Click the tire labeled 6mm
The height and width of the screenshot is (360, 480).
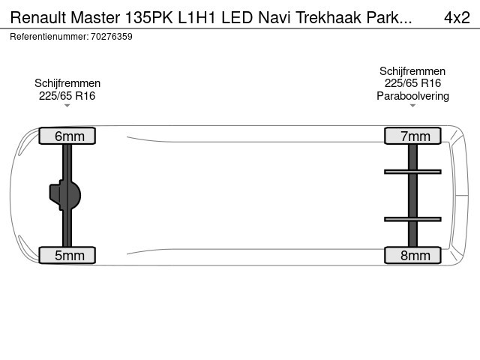67,136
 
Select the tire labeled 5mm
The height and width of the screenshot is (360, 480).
67,255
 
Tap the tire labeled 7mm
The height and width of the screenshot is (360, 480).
412,136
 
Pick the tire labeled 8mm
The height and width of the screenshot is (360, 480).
412,255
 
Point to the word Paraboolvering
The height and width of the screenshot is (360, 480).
412,96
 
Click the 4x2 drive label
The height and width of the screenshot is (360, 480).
457,17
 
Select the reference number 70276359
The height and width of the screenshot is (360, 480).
112,37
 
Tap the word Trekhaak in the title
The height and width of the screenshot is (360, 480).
328,17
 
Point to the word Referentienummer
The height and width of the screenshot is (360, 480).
49,37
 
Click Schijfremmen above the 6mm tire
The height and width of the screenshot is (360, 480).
67,83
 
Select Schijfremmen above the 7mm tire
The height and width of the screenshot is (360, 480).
412,71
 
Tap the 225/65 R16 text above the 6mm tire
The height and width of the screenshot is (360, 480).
67,96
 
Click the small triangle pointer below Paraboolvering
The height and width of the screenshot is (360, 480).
412,106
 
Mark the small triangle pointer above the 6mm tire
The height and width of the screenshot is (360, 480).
67,106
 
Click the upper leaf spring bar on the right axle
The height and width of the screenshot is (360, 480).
412,172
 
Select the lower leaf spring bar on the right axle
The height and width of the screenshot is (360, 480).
412,219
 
